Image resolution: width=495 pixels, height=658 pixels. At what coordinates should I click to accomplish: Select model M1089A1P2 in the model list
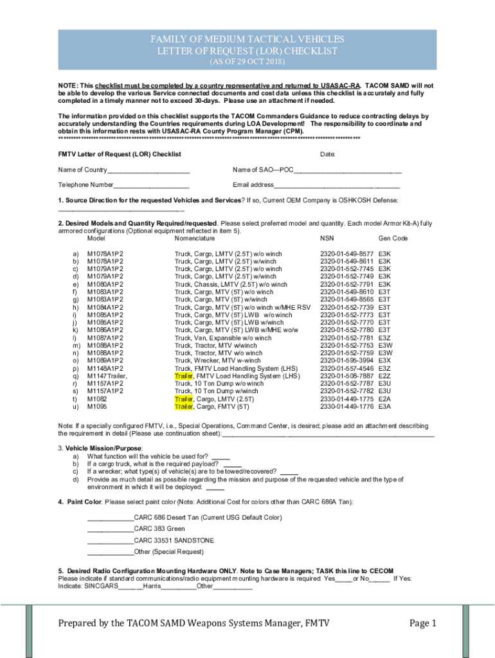point(105,361)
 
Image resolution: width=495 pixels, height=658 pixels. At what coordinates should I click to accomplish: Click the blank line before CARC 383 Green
point(110,529)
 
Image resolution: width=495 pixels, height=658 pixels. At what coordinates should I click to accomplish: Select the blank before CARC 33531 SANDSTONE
point(110,540)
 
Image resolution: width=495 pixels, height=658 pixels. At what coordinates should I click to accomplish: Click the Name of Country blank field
point(148,170)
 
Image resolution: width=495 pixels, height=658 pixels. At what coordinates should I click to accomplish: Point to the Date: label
point(328,154)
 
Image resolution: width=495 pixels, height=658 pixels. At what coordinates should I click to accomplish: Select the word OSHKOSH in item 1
point(351,200)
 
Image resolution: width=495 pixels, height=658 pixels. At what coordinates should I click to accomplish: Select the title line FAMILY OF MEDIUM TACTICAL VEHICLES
point(248,40)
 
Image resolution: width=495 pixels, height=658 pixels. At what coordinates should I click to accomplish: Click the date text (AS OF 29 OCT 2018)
point(248,62)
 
